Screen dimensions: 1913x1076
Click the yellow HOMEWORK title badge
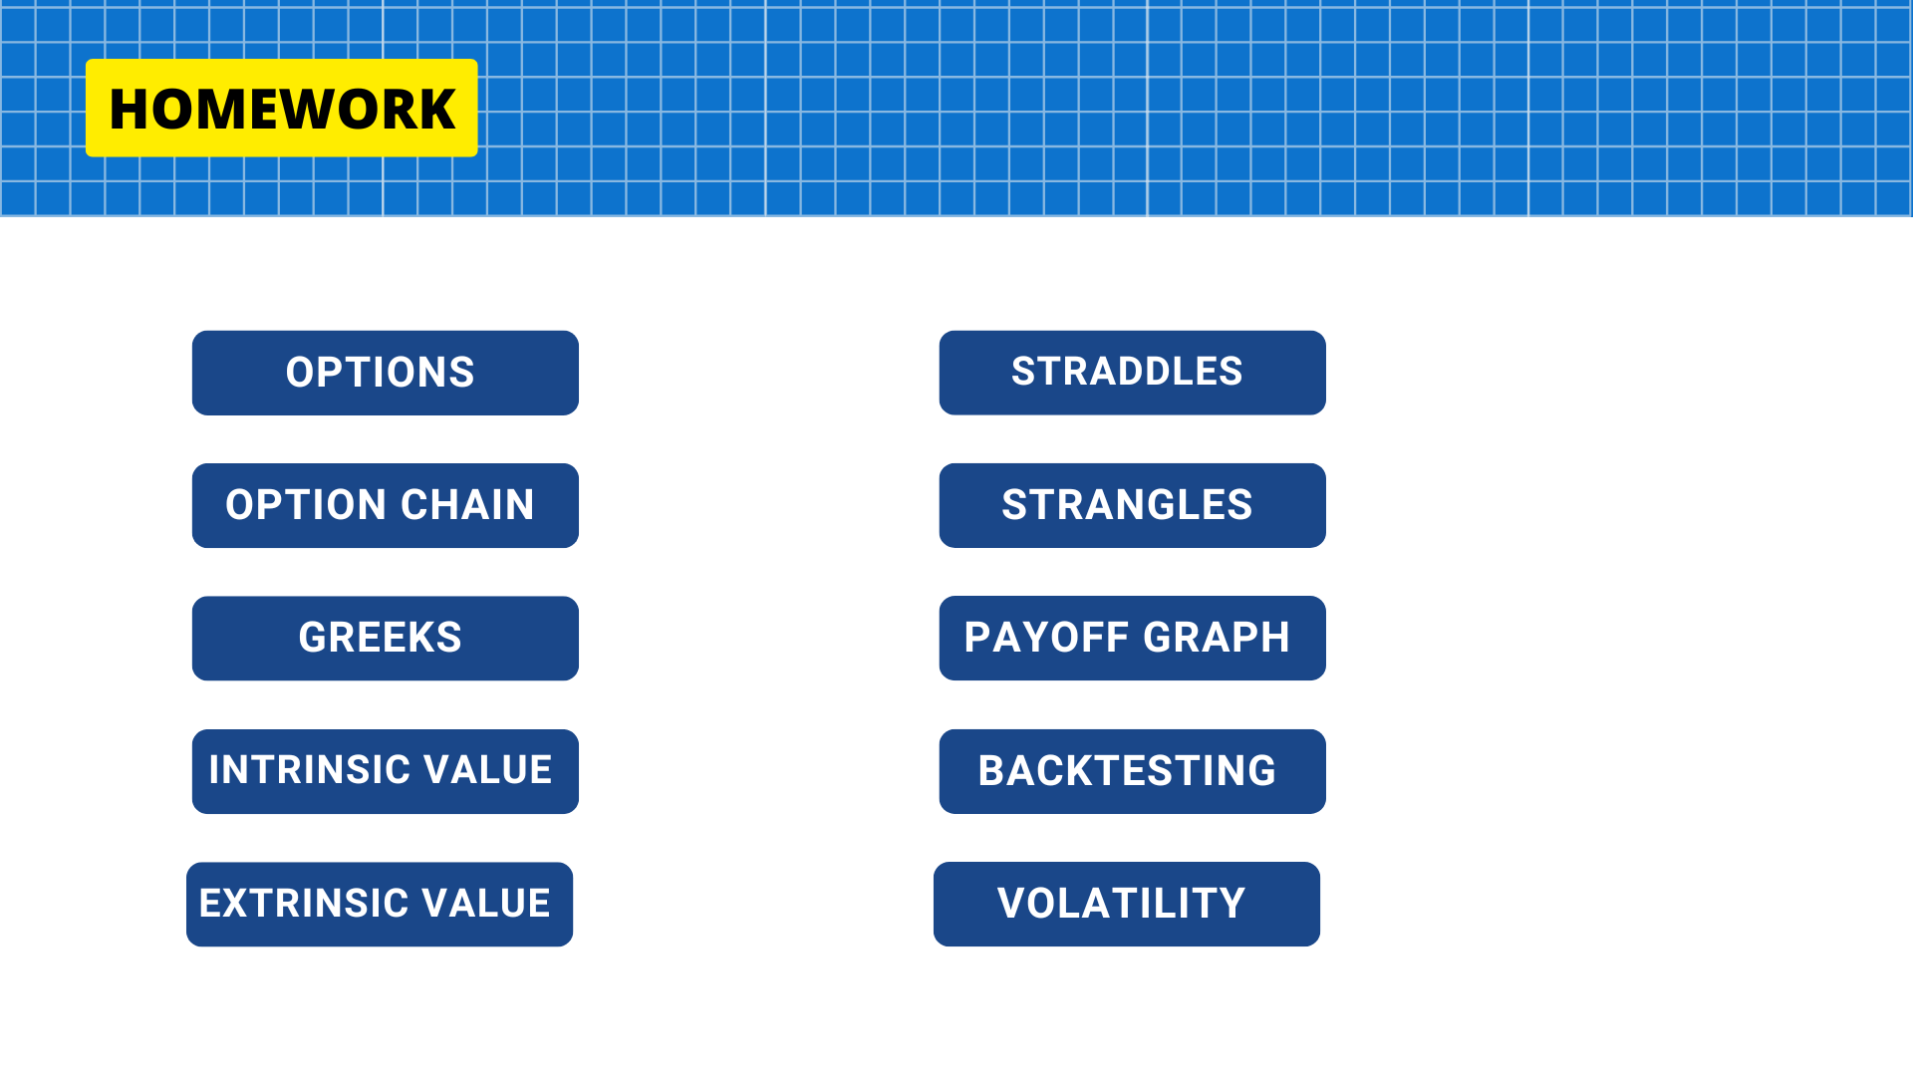pyautogui.click(x=282, y=108)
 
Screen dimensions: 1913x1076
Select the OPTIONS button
pyautogui.click(x=386, y=373)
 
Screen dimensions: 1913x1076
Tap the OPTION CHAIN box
pyautogui.click(x=386, y=505)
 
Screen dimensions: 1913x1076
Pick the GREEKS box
pyautogui.click(x=386, y=639)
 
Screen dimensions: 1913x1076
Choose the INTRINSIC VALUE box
pyautogui.click(x=386, y=771)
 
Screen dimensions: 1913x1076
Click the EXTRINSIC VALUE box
pyautogui.click(x=380, y=905)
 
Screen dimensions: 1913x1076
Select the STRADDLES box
pyautogui.click(x=1133, y=373)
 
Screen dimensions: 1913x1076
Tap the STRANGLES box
pyautogui.click(x=1133, y=505)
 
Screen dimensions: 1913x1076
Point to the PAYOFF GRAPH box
pyautogui.click(x=1133, y=639)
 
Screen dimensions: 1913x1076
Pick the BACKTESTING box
pyautogui.click(x=1133, y=771)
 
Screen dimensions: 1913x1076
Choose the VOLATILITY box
pyautogui.click(x=1127, y=905)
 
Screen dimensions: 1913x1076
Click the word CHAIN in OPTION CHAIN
pyautogui.click(x=468, y=505)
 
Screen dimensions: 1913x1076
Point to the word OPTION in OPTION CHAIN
pyautogui.click(x=306, y=505)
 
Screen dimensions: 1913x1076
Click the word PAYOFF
pyautogui.click(x=1046, y=638)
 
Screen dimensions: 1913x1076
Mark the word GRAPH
pyautogui.click(x=1217, y=638)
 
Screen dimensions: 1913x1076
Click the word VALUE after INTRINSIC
pyautogui.click(x=488, y=770)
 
